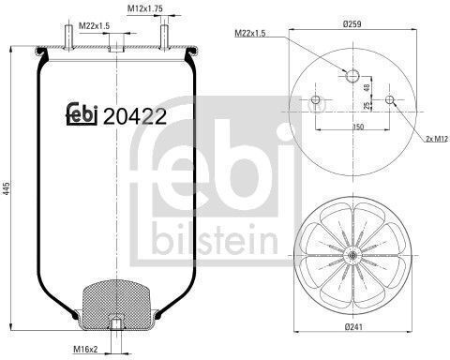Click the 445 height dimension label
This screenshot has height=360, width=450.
click(7, 187)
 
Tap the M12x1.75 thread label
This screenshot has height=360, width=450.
click(145, 8)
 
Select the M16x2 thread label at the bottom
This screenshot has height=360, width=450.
click(85, 349)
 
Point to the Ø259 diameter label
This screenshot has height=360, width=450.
click(352, 24)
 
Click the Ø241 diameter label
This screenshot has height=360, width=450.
click(353, 327)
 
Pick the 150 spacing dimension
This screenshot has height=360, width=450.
click(358, 127)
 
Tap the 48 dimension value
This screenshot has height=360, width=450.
click(367, 87)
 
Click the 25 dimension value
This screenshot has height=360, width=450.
click(367, 105)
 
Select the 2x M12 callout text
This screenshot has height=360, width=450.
click(437, 139)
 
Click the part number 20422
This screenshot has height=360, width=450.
click(135, 116)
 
